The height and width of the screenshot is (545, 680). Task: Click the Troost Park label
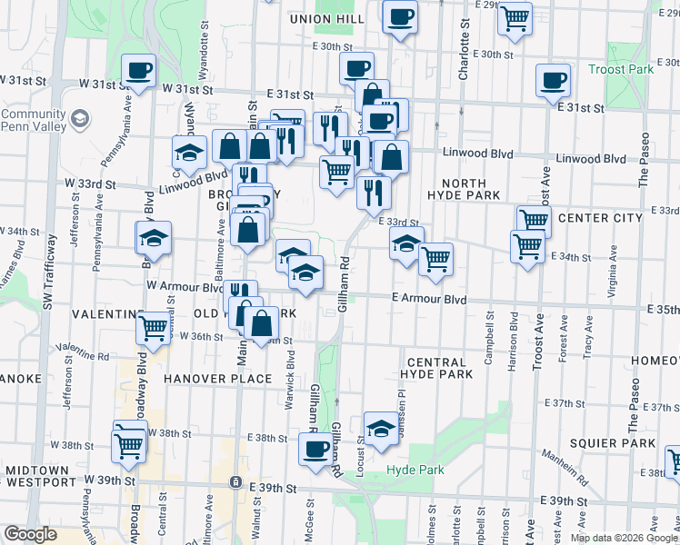(621, 69)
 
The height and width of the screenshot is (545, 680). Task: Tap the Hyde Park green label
(415, 470)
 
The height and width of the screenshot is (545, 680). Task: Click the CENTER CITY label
(600, 218)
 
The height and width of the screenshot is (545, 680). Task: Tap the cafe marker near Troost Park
(553, 81)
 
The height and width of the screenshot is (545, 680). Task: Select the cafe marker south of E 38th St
(315, 448)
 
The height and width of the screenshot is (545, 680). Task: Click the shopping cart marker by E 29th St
(515, 17)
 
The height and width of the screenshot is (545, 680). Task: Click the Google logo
(30, 534)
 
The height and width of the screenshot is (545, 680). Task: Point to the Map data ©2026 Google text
(624, 538)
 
